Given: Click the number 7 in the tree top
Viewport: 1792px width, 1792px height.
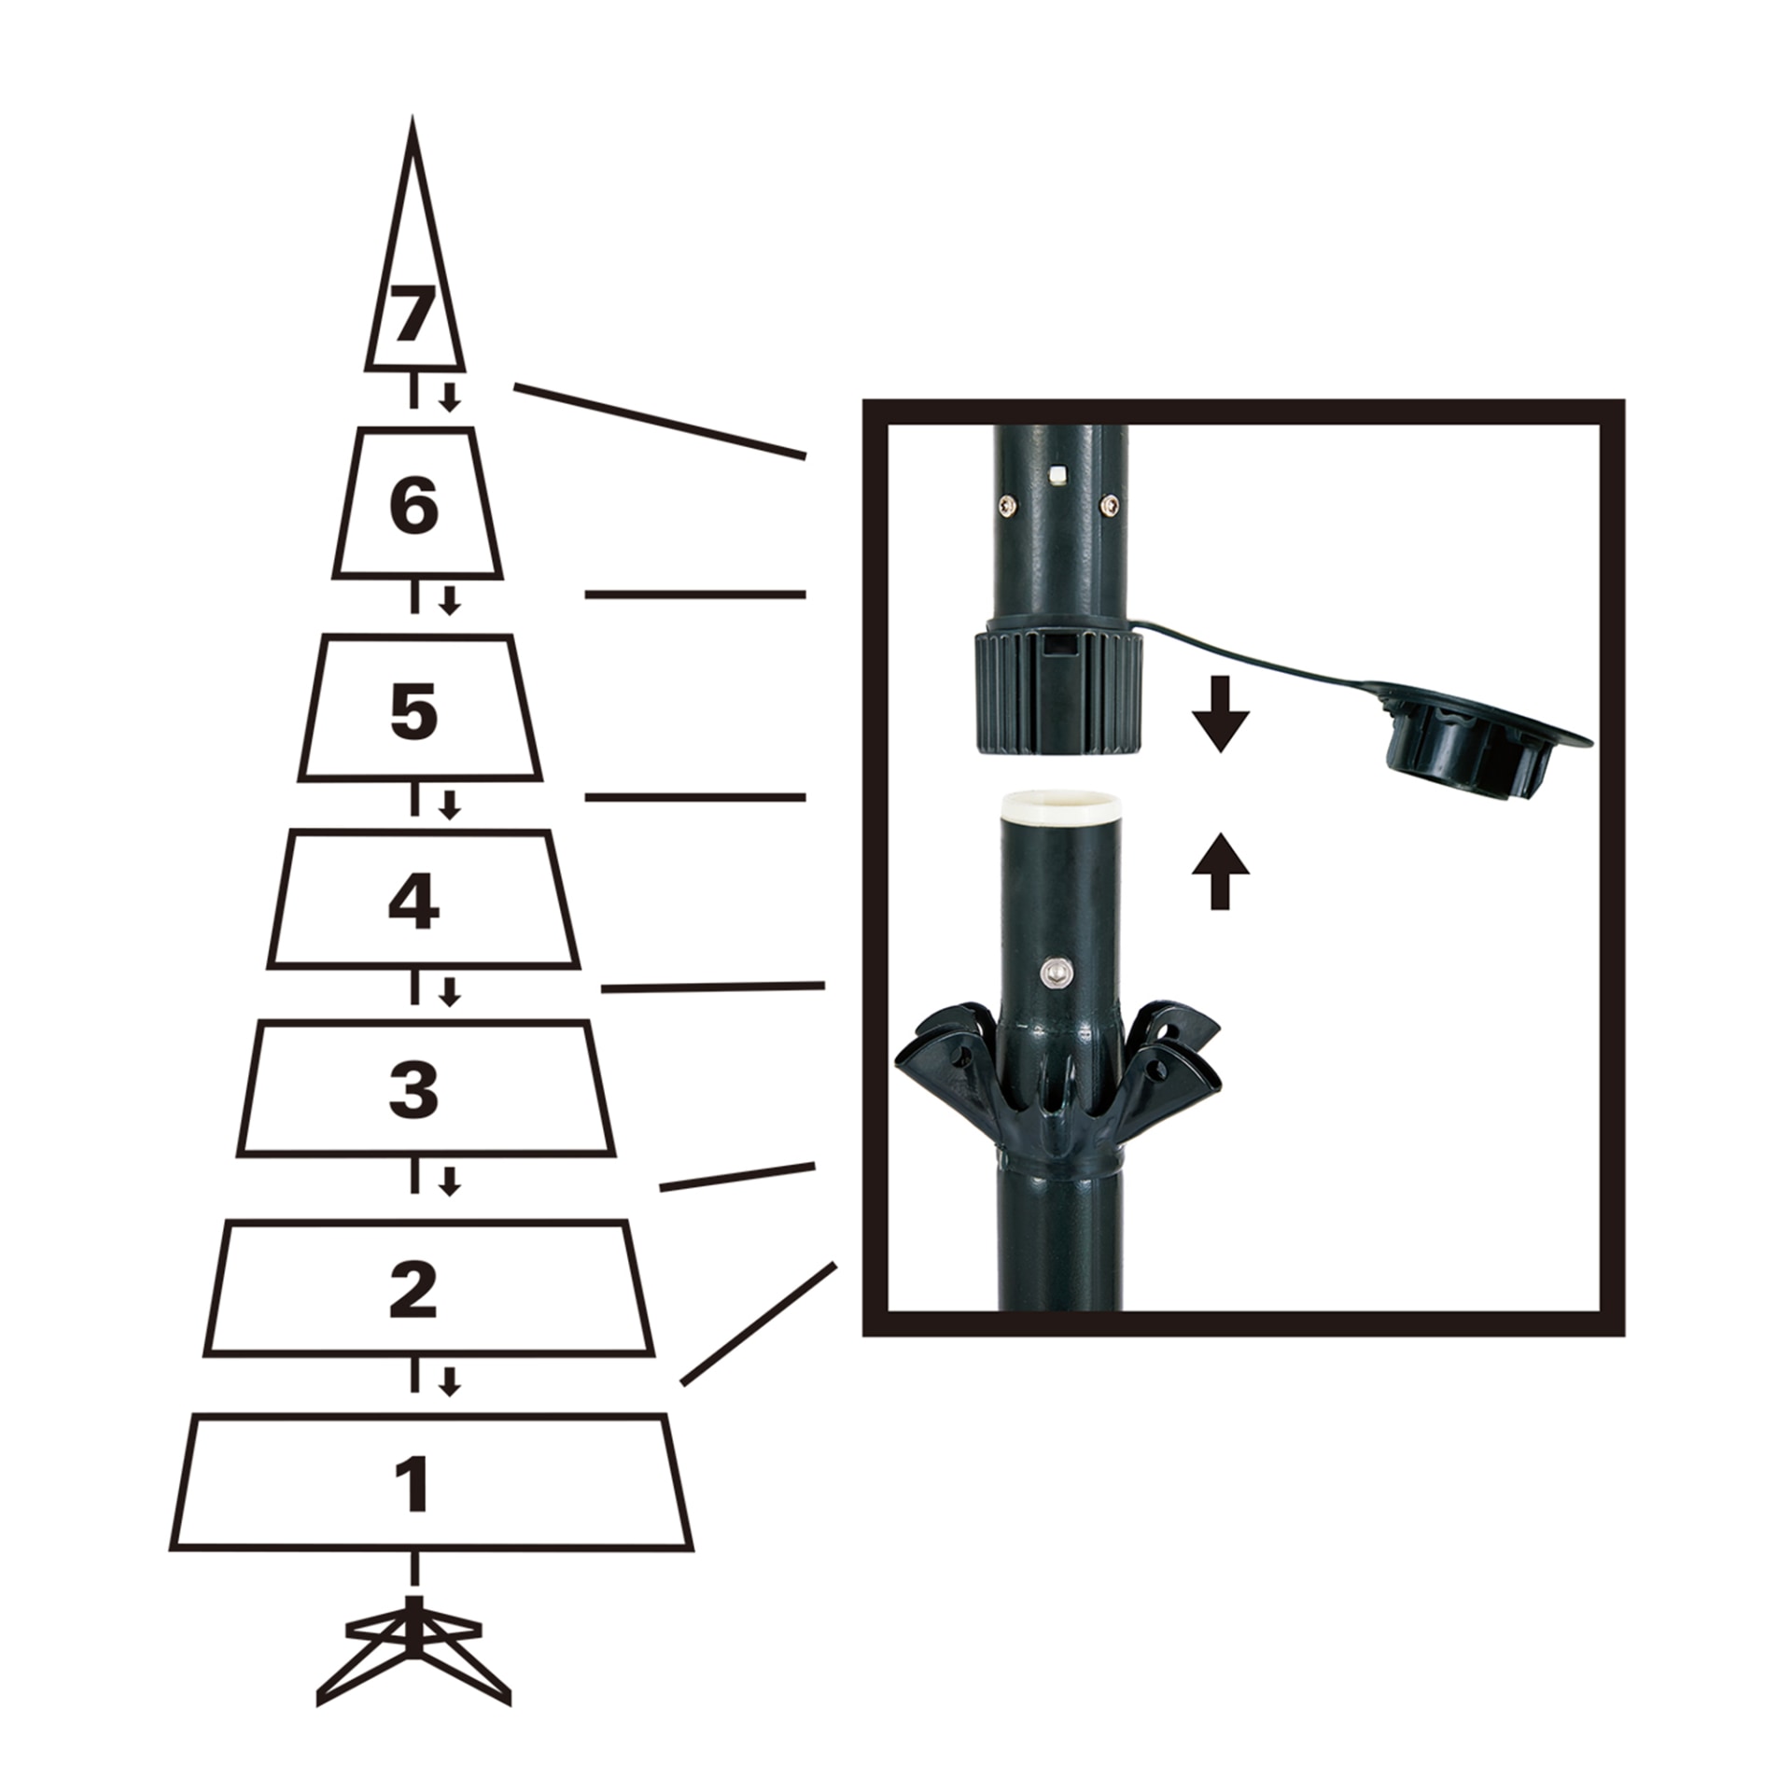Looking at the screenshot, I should tap(413, 315).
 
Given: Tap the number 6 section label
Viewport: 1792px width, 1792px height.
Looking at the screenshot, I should tap(413, 507).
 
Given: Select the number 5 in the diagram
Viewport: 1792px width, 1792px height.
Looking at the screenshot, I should tap(413, 712).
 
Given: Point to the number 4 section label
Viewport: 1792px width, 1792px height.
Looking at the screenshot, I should tap(413, 903).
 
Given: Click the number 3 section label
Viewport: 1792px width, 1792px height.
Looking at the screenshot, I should tap(413, 1090).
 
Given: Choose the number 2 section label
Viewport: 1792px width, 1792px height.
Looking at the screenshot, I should tap(413, 1290).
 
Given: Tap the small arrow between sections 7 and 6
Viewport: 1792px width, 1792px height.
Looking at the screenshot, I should tap(450, 397).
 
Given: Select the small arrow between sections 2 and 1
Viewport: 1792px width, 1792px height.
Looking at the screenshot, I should tap(450, 1382).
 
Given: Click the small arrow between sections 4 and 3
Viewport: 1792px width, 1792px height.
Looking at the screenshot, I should tap(450, 992).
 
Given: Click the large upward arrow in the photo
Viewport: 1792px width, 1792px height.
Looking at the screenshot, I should tap(1220, 871).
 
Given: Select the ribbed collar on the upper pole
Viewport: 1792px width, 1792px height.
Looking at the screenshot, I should tap(1057, 691).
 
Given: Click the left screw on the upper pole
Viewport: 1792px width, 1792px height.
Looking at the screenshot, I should tap(1006, 505).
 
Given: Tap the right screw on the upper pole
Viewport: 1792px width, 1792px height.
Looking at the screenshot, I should tap(1108, 504).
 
